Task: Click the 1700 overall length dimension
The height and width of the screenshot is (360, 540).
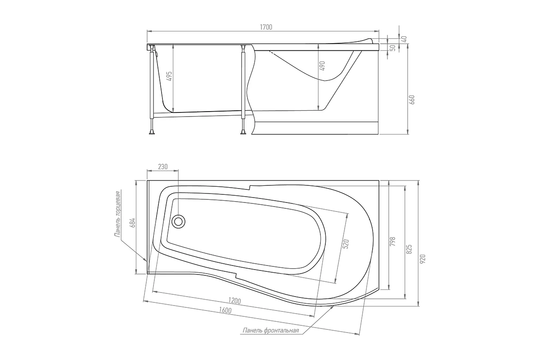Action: [266, 27]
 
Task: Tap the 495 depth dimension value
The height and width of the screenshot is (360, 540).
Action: [170, 76]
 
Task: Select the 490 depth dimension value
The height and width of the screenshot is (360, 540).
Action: [322, 66]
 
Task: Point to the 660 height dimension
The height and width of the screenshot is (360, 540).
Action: [412, 99]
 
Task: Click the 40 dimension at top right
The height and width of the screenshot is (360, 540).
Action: [405, 39]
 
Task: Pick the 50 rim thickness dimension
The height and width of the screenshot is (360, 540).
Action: [393, 48]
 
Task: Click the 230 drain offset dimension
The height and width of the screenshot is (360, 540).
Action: [163, 166]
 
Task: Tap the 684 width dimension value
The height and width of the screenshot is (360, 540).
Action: [132, 223]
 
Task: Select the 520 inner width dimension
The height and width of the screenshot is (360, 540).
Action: [346, 244]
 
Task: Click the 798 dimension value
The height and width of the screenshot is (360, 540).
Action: [392, 241]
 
